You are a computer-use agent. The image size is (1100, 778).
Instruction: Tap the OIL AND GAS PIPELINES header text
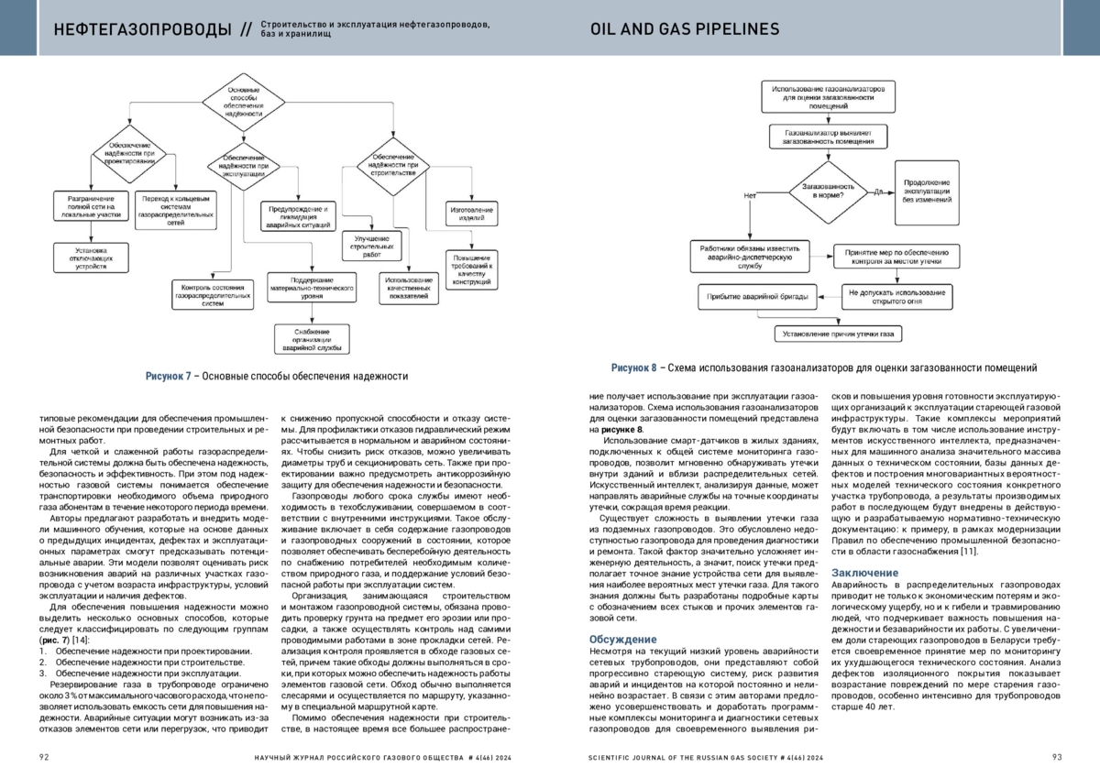(x=685, y=29)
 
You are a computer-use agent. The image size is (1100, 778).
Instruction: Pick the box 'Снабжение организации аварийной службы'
(x=312, y=339)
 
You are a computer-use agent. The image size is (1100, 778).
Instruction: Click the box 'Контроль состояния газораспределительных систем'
(x=211, y=297)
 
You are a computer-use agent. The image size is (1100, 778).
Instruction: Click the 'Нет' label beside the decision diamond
(x=750, y=195)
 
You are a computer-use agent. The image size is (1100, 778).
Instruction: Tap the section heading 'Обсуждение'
(x=622, y=640)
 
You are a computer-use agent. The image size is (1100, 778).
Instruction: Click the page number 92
(x=44, y=757)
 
